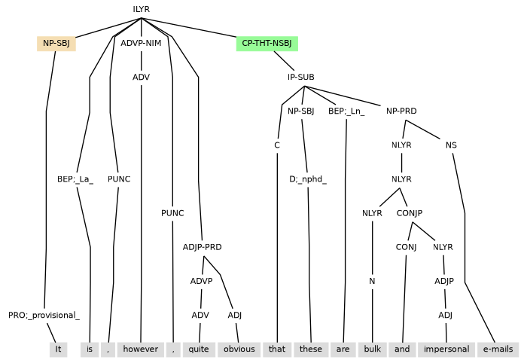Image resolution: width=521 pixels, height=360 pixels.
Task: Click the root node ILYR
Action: (142, 9)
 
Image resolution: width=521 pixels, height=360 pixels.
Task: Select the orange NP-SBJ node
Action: (56, 43)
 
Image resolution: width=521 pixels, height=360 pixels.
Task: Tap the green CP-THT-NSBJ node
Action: (267, 43)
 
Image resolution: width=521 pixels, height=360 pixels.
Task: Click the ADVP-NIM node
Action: (142, 43)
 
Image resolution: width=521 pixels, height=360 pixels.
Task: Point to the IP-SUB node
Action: (300, 77)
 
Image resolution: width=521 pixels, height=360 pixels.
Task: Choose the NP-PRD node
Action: (401, 111)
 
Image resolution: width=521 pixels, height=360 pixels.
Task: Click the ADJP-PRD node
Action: (202, 246)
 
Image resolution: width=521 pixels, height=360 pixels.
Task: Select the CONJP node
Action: (410, 212)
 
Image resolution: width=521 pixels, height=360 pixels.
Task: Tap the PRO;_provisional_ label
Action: (44, 315)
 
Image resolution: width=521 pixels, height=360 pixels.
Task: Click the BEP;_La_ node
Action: (75, 178)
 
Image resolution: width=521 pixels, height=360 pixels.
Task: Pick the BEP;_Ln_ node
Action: (346, 111)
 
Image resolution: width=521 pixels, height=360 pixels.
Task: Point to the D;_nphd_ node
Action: (308, 178)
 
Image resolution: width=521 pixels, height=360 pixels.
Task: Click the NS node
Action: (451, 145)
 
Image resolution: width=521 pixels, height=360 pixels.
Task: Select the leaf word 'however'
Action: (141, 349)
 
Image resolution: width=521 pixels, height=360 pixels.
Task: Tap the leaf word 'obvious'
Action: (239, 349)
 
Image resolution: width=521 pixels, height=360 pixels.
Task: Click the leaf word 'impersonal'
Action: (446, 349)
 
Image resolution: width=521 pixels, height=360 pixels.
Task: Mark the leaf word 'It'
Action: (57, 349)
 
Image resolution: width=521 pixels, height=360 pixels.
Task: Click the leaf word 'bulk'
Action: (372, 349)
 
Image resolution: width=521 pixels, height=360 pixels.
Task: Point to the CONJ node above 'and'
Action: (406, 246)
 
